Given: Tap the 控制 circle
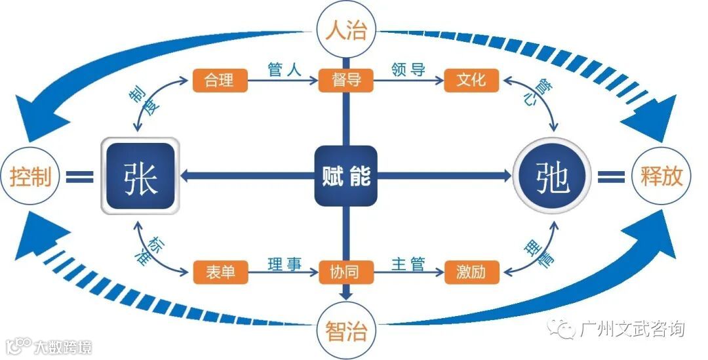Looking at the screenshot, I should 30,177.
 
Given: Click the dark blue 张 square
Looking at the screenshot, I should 140,176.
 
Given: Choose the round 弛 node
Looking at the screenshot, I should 552,176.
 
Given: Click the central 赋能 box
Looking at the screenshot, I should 345,176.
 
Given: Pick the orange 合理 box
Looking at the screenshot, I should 220,81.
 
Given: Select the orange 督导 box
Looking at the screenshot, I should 345,81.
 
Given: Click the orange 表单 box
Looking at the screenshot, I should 220,272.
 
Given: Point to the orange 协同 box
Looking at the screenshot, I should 345,272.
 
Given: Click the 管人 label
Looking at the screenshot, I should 285,70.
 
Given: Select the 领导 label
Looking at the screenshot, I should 408,70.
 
